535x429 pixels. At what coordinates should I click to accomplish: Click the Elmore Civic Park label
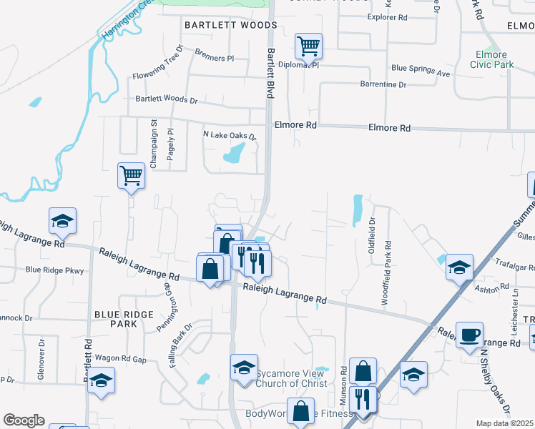pyautogui.click(x=491, y=59)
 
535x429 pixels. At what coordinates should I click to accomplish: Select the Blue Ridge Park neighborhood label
pyautogui.click(x=124, y=319)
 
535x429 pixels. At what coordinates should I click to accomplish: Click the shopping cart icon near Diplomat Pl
pyautogui.click(x=308, y=46)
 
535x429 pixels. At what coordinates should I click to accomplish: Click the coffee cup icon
pyautogui.click(x=469, y=335)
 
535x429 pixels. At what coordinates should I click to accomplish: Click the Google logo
pyautogui.click(x=24, y=420)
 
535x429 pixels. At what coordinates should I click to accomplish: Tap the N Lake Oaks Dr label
pyautogui.click(x=229, y=135)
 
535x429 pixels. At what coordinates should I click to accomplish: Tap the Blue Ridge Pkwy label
pyautogui.click(x=54, y=270)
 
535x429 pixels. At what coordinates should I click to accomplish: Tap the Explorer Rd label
pyautogui.click(x=386, y=16)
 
